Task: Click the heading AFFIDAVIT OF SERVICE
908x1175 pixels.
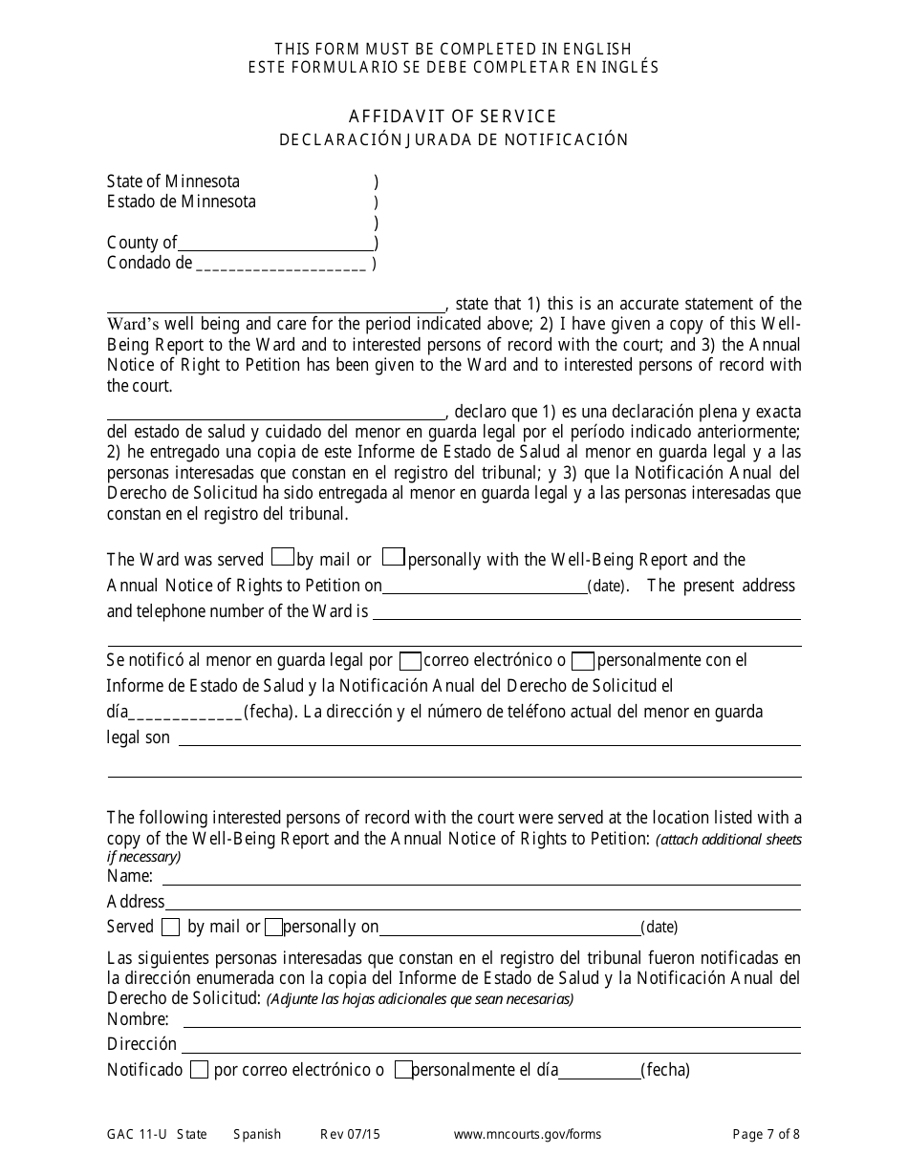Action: coord(453,117)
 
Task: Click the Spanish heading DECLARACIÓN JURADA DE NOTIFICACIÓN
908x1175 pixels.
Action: coord(453,139)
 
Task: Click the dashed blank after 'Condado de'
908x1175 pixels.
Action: coord(281,265)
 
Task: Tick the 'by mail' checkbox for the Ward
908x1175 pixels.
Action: coord(283,556)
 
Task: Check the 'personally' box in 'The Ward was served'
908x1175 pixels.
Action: coord(394,556)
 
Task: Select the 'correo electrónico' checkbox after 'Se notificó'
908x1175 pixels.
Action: coord(410,660)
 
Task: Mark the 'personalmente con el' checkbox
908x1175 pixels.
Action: coord(583,660)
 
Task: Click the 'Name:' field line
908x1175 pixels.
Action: coord(481,878)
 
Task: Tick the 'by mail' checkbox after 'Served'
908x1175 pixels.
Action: coord(170,927)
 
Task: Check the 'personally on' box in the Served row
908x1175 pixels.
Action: coord(273,927)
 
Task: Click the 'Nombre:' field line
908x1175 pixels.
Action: coord(486,1021)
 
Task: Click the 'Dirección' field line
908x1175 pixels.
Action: coord(491,1046)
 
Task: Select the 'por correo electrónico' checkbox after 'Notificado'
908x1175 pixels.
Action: coord(199,1071)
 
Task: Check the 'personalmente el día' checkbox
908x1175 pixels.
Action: coord(403,1071)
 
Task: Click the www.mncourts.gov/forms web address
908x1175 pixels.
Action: coord(528,1135)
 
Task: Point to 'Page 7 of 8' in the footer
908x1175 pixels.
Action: coord(766,1135)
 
